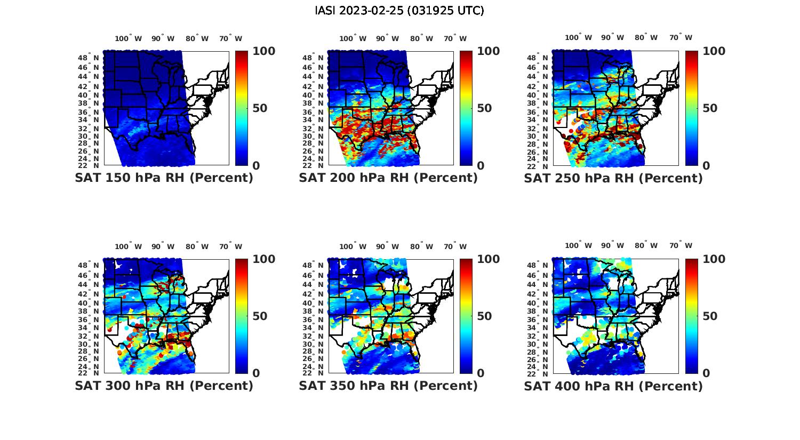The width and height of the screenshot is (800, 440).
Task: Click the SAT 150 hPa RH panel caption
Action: [x=164, y=178]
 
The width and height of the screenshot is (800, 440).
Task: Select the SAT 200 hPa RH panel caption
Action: [x=388, y=178]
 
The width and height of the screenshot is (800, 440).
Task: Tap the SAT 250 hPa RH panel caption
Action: [x=613, y=178]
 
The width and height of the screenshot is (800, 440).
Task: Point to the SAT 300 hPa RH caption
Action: [x=164, y=386]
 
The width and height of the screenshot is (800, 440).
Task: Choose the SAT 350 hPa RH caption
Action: [x=388, y=386]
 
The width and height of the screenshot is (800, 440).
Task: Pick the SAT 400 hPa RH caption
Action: [x=613, y=386]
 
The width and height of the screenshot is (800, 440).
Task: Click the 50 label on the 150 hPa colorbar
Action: [x=260, y=108]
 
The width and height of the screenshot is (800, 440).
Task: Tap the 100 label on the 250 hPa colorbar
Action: [x=714, y=51]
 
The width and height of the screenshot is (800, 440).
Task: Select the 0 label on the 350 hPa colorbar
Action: [x=481, y=373]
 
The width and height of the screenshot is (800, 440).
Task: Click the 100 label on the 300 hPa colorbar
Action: [x=263, y=259]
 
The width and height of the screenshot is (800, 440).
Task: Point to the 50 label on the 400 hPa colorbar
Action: [x=710, y=316]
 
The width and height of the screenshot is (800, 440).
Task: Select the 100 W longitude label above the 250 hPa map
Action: [x=578, y=38]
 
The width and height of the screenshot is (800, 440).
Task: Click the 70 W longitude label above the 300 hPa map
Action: [x=230, y=246]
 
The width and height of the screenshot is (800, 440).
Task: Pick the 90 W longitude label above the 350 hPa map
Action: [x=387, y=246]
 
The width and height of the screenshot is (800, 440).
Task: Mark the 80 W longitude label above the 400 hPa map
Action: [x=646, y=246]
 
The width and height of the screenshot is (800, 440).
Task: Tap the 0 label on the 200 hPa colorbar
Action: [x=481, y=166]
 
